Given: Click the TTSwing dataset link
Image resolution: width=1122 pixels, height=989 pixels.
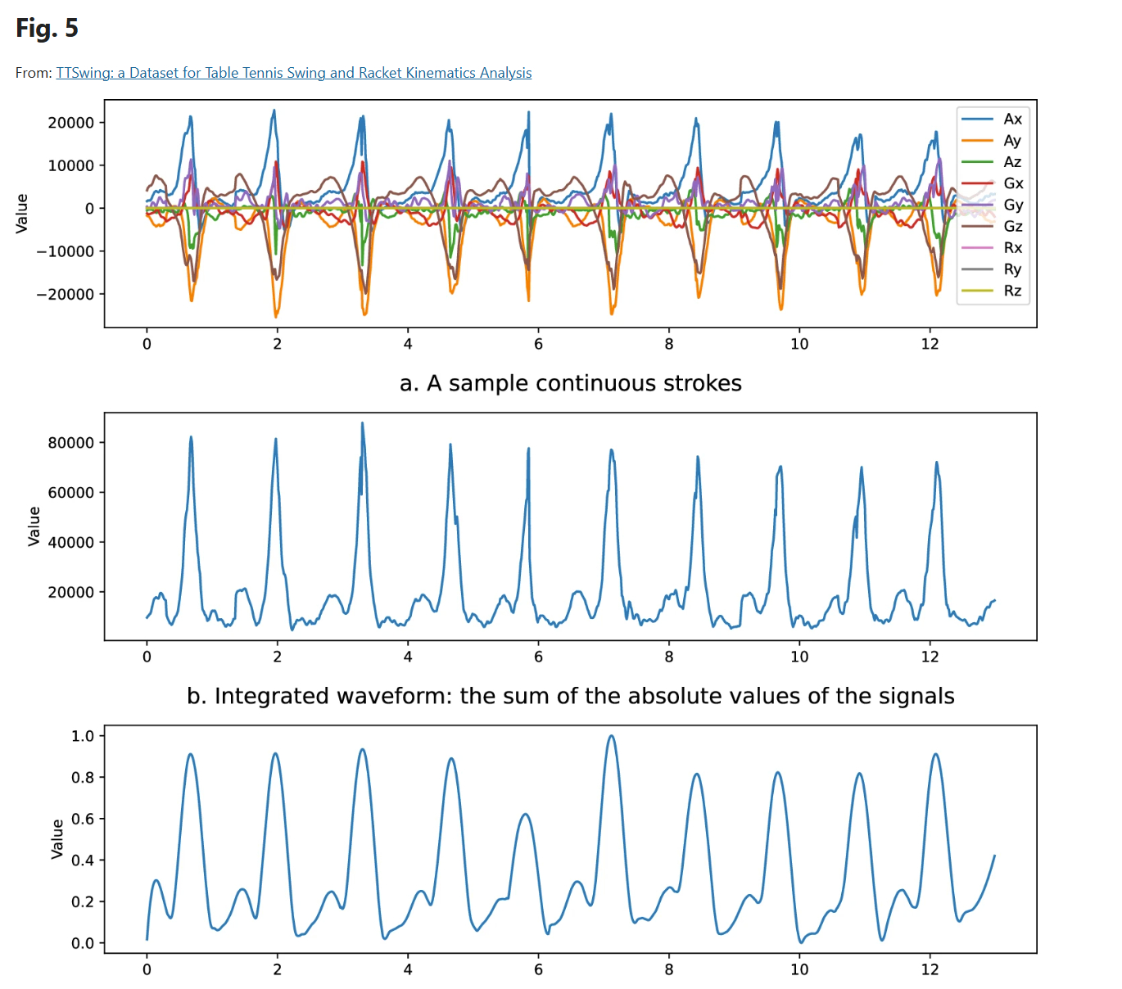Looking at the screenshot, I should [293, 73].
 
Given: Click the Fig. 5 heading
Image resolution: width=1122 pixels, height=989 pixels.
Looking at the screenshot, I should [47, 29].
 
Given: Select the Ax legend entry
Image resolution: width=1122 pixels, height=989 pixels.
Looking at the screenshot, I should [1012, 119].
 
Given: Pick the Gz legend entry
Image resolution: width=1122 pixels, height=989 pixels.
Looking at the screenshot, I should [1012, 226].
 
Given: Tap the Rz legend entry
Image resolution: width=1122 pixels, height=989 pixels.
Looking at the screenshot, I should [1012, 291].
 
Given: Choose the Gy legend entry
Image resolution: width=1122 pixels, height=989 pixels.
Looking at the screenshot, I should [1012, 205].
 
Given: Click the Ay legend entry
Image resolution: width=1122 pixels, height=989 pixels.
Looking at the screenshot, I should [1012, 140].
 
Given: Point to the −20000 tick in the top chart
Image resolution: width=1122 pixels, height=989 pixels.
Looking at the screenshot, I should [66, 294].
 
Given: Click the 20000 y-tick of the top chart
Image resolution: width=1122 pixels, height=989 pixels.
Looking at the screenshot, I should [71, 123].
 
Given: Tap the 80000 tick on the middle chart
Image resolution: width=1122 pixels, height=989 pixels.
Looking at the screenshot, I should [71, 443].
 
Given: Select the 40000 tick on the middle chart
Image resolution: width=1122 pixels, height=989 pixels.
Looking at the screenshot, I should [71, 542].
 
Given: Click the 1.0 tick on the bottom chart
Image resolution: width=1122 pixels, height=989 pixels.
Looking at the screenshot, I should [83, 736].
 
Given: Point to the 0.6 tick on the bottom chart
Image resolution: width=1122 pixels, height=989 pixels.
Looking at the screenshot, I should [83, 819].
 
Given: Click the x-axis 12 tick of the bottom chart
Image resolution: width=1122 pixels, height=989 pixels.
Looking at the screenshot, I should [930, 969].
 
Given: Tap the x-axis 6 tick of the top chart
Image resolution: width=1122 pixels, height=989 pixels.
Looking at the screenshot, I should [538, 344].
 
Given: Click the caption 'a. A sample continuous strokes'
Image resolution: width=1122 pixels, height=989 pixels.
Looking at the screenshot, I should [570, 383].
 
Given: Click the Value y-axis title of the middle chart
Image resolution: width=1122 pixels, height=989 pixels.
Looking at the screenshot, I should [34, 526].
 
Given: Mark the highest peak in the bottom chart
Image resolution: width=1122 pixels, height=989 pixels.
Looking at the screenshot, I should [611, 736].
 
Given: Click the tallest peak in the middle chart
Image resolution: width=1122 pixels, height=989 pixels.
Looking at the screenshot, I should [362, 423].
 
